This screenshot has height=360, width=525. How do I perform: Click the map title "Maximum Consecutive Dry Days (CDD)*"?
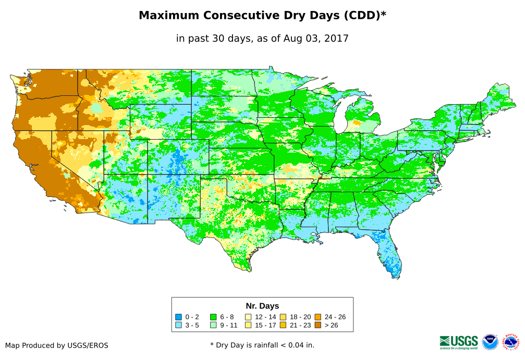[262, 16]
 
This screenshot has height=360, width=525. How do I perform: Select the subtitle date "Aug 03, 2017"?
[316, 38]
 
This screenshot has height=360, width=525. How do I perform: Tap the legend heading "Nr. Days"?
[262, 306]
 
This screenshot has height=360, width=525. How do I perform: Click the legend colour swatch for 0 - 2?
[178, 317]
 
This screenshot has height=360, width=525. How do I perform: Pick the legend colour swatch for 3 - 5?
[178, 325]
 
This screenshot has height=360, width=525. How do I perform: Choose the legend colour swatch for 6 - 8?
[213, 317]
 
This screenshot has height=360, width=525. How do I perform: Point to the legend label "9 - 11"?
[228, 325]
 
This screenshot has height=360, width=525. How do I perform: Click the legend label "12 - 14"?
[265, 317]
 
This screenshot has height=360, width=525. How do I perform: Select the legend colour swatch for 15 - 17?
[248, 325]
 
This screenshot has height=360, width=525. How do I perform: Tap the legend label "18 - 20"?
[300, 317]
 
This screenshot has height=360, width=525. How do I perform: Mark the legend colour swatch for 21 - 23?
[283, 325]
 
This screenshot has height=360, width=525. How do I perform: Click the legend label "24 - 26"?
[335, 317]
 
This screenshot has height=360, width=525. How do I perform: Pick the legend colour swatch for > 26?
[318, 325]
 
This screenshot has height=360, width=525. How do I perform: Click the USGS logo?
[459, 341]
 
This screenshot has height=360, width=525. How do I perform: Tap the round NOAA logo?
[490, 342]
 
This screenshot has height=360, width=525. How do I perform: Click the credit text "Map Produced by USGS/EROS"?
[57, 345]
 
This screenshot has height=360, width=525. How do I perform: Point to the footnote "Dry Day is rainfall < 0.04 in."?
[265, 345]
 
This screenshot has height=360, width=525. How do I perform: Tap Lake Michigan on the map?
[341, 117]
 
